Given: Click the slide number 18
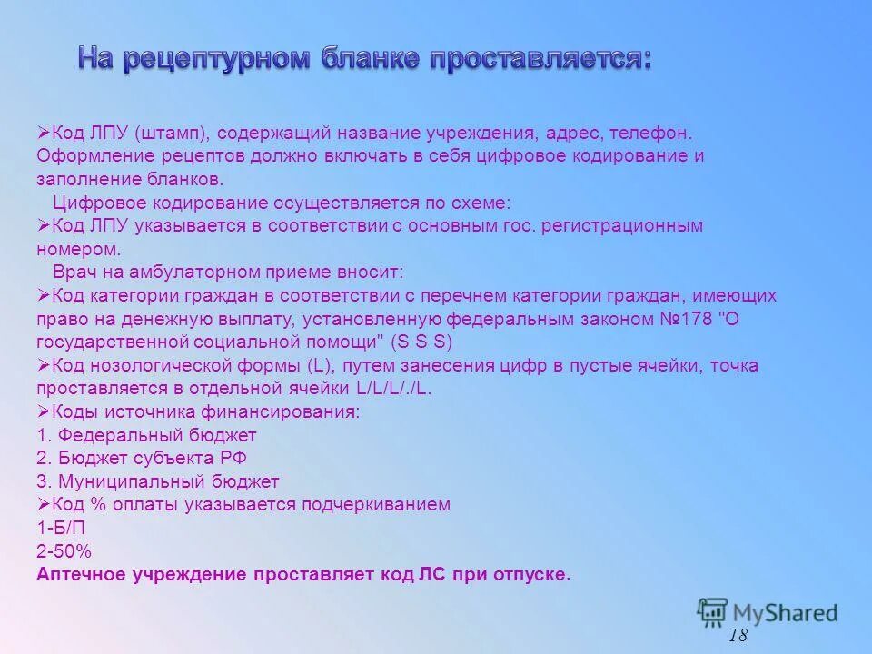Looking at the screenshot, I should tap(738, 635).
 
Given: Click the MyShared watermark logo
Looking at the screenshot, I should tap(768, 612).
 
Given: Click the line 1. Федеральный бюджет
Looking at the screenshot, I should tap(147, 435).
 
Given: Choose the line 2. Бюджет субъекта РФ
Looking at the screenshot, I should tap(142, 459).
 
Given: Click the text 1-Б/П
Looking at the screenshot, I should tap(62, 528).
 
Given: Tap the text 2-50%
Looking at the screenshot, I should tap(64, 551).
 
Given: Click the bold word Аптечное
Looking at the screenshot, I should tap(84, 575).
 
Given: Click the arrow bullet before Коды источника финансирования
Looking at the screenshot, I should tap(43, 411).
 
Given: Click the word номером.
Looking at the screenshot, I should tap(76, 249).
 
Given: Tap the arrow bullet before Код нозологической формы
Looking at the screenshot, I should tap(43, 365).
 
